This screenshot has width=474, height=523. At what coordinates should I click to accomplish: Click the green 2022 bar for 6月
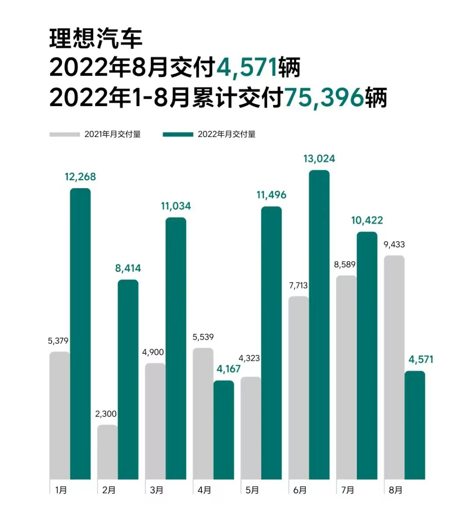click(319, 325)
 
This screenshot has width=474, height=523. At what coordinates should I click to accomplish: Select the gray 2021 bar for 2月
click(108, 452)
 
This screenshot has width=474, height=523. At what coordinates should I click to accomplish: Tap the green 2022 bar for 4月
click(224, 430)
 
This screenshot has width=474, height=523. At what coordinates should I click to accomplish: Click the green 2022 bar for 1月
click(80, 333)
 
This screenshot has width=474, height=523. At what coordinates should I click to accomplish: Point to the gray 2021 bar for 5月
click(251, 428)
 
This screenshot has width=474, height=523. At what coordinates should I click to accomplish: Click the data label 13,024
click(319, 159)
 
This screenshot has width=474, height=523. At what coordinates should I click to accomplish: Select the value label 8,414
click(128, 268)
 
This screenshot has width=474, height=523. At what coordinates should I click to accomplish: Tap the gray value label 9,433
click(394, 244)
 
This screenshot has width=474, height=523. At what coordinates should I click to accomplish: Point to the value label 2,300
click(106, 414)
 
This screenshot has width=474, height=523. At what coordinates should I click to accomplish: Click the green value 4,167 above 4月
click(229, 369)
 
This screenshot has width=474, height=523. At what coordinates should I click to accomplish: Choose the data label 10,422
click(367, 220)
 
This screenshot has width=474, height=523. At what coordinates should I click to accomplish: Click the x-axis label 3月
click(157, 490)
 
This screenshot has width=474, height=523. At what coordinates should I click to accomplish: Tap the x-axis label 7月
click(348, 490)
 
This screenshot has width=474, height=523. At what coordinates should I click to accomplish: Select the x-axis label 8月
click(395, 490)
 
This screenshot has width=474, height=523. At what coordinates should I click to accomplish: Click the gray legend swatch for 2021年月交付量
click(65, 134)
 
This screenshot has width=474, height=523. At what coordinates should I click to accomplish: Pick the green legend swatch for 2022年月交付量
click(178, 134)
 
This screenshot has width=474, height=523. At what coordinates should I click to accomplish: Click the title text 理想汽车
click(96, 39)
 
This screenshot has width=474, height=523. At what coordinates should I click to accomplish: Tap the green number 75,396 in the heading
click(324, 97)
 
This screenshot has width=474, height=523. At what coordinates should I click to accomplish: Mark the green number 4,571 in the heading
click(247, 68)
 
